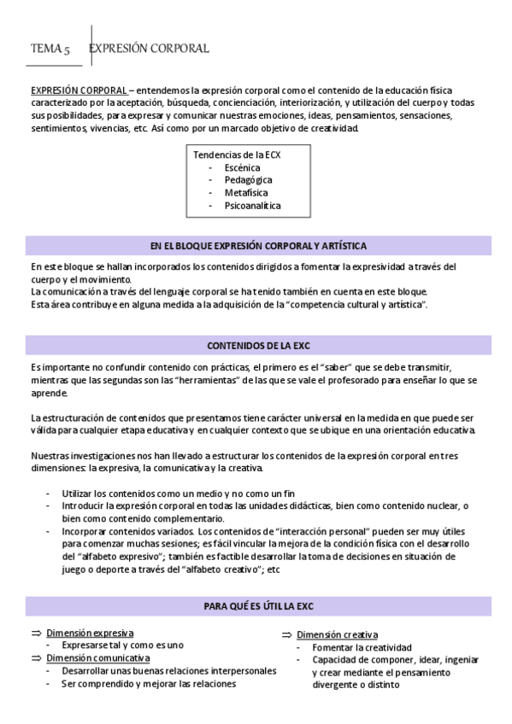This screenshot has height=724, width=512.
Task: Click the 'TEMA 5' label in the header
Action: (50, 49)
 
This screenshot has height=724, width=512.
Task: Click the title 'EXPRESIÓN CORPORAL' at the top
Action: (149, 49)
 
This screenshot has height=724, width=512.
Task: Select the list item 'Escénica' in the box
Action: (242, 168)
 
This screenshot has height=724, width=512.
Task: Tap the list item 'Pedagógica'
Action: (248, 181)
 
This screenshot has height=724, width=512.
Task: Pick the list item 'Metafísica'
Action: (246, 193)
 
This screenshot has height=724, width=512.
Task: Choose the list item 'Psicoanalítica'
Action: (252, 206)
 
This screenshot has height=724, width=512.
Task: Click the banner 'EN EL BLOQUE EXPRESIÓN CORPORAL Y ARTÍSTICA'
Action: (258, 246)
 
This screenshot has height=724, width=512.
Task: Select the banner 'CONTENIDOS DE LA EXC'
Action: (258, 347)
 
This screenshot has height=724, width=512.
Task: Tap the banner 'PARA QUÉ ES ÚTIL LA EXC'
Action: (258, 606)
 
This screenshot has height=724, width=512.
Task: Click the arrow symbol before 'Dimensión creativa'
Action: (286, 635)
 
